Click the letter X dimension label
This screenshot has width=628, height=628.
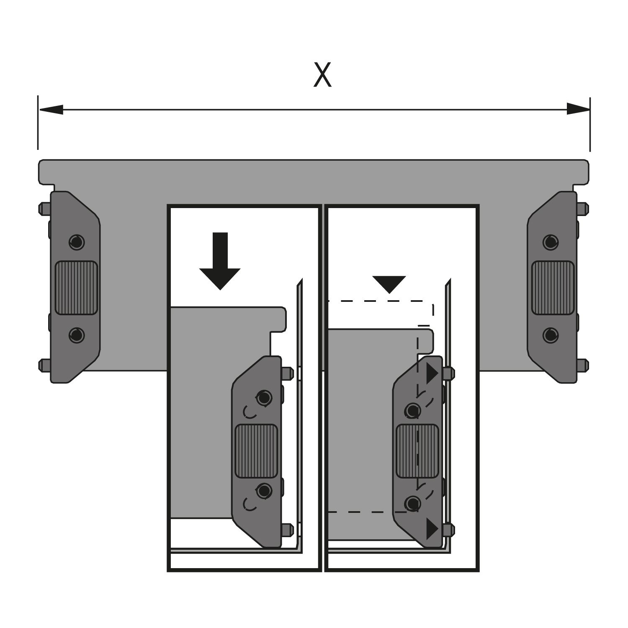pos(322,75)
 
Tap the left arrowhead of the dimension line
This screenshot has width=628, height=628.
pos(51,110)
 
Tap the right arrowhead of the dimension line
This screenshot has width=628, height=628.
pos(578,109)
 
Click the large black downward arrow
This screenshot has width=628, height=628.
pos(220,261)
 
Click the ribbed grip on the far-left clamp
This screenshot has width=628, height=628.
pos(76,288)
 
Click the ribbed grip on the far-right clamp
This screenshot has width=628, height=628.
pos(553,288)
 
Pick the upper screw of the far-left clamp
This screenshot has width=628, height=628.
pos(76,242)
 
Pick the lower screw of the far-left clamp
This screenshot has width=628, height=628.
pos(76,335)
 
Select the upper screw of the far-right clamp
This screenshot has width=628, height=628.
pos(551,242)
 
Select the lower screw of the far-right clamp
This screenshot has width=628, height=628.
pos(551,335)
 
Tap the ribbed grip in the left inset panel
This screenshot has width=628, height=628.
pos(256,451)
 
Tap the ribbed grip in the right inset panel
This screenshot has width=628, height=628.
pos(417,451)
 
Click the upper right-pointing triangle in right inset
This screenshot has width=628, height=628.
pos(432,374)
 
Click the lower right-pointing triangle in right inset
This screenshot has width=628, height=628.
pos(432,529)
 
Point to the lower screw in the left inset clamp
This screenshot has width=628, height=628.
pos(263,490)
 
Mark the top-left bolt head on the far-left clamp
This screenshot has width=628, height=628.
pos(45,208)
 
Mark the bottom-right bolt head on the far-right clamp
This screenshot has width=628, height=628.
pos(582,365)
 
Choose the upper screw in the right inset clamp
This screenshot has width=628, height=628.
pos(413,411)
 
